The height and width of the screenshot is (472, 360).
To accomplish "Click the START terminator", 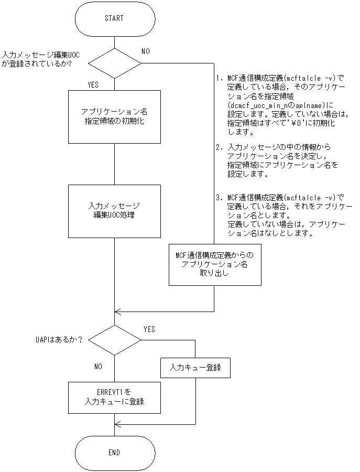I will pyautogui.click(x=114, y=19).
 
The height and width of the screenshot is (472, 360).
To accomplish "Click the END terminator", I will pyautogui.click(x=114, y=452).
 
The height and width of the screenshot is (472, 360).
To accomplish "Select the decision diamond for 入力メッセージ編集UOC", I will pyautogui.click(x=114, y=63).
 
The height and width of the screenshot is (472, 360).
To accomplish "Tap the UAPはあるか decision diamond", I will pyautogui.click(x=114, y=339).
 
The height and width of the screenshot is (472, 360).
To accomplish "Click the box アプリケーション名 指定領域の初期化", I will pyautogui.click(x=114, y=116).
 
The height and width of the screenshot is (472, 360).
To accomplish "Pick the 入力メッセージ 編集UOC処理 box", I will pyautogui.click(x=114, y=210).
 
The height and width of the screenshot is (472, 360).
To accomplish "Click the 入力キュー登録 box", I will pyautogui.click(x=195, y=368).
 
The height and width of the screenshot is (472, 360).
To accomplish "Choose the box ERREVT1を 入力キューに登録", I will pyautogui.click(x=114, y=398).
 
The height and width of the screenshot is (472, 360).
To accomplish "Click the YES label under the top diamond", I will pyautogui.click(x=93, y=84).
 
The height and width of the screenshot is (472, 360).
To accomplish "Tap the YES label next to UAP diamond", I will pyautogui.click(x=149, y=329).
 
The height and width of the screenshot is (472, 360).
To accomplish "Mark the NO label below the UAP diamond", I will pyautogui.click(x=98, y=366).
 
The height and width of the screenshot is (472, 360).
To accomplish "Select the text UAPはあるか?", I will pyautogui.click(x=55, y=339).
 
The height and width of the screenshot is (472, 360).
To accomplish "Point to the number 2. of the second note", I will pyautogui.click(x=219, y=147).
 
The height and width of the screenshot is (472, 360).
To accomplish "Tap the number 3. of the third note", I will pyautogui.click(x=219, y=198).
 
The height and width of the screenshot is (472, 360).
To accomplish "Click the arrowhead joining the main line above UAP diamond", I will pyautogui.click(x=118, y=312).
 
